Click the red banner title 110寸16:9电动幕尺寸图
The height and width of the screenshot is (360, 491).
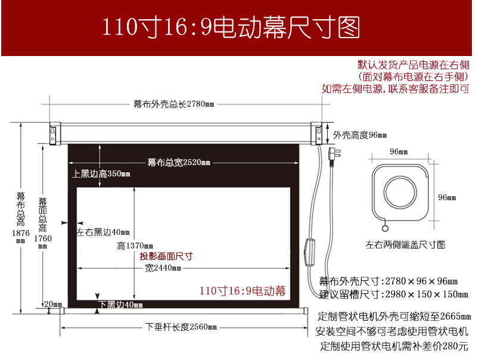(231, 27)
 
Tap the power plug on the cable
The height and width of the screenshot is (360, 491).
(334, 154)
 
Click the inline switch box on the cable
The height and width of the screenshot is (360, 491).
(310, 252)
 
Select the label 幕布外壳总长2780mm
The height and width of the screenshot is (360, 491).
(174, 104)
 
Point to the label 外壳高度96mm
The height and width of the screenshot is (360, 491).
(360, 135)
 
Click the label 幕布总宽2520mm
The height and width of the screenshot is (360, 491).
(179, 162)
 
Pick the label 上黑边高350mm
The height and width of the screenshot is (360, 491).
(101, 173)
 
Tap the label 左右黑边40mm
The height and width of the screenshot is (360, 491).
(102, 232)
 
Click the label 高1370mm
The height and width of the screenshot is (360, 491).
(135, 246)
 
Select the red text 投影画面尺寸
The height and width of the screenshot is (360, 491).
(166, 256)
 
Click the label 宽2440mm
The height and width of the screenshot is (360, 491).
(163, 268)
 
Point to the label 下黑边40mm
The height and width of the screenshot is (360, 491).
(120, 305)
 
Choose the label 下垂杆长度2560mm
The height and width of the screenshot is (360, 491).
(181, 327)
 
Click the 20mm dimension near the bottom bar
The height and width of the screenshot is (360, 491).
(53, 304)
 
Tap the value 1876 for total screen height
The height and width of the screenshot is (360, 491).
(21, 233)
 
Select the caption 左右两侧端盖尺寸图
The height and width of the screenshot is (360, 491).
(405, 245)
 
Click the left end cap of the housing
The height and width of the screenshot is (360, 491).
(55, 134)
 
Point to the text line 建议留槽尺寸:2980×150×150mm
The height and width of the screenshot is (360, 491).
(394, 294)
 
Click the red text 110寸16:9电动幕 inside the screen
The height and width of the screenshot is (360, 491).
(243, 291)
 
